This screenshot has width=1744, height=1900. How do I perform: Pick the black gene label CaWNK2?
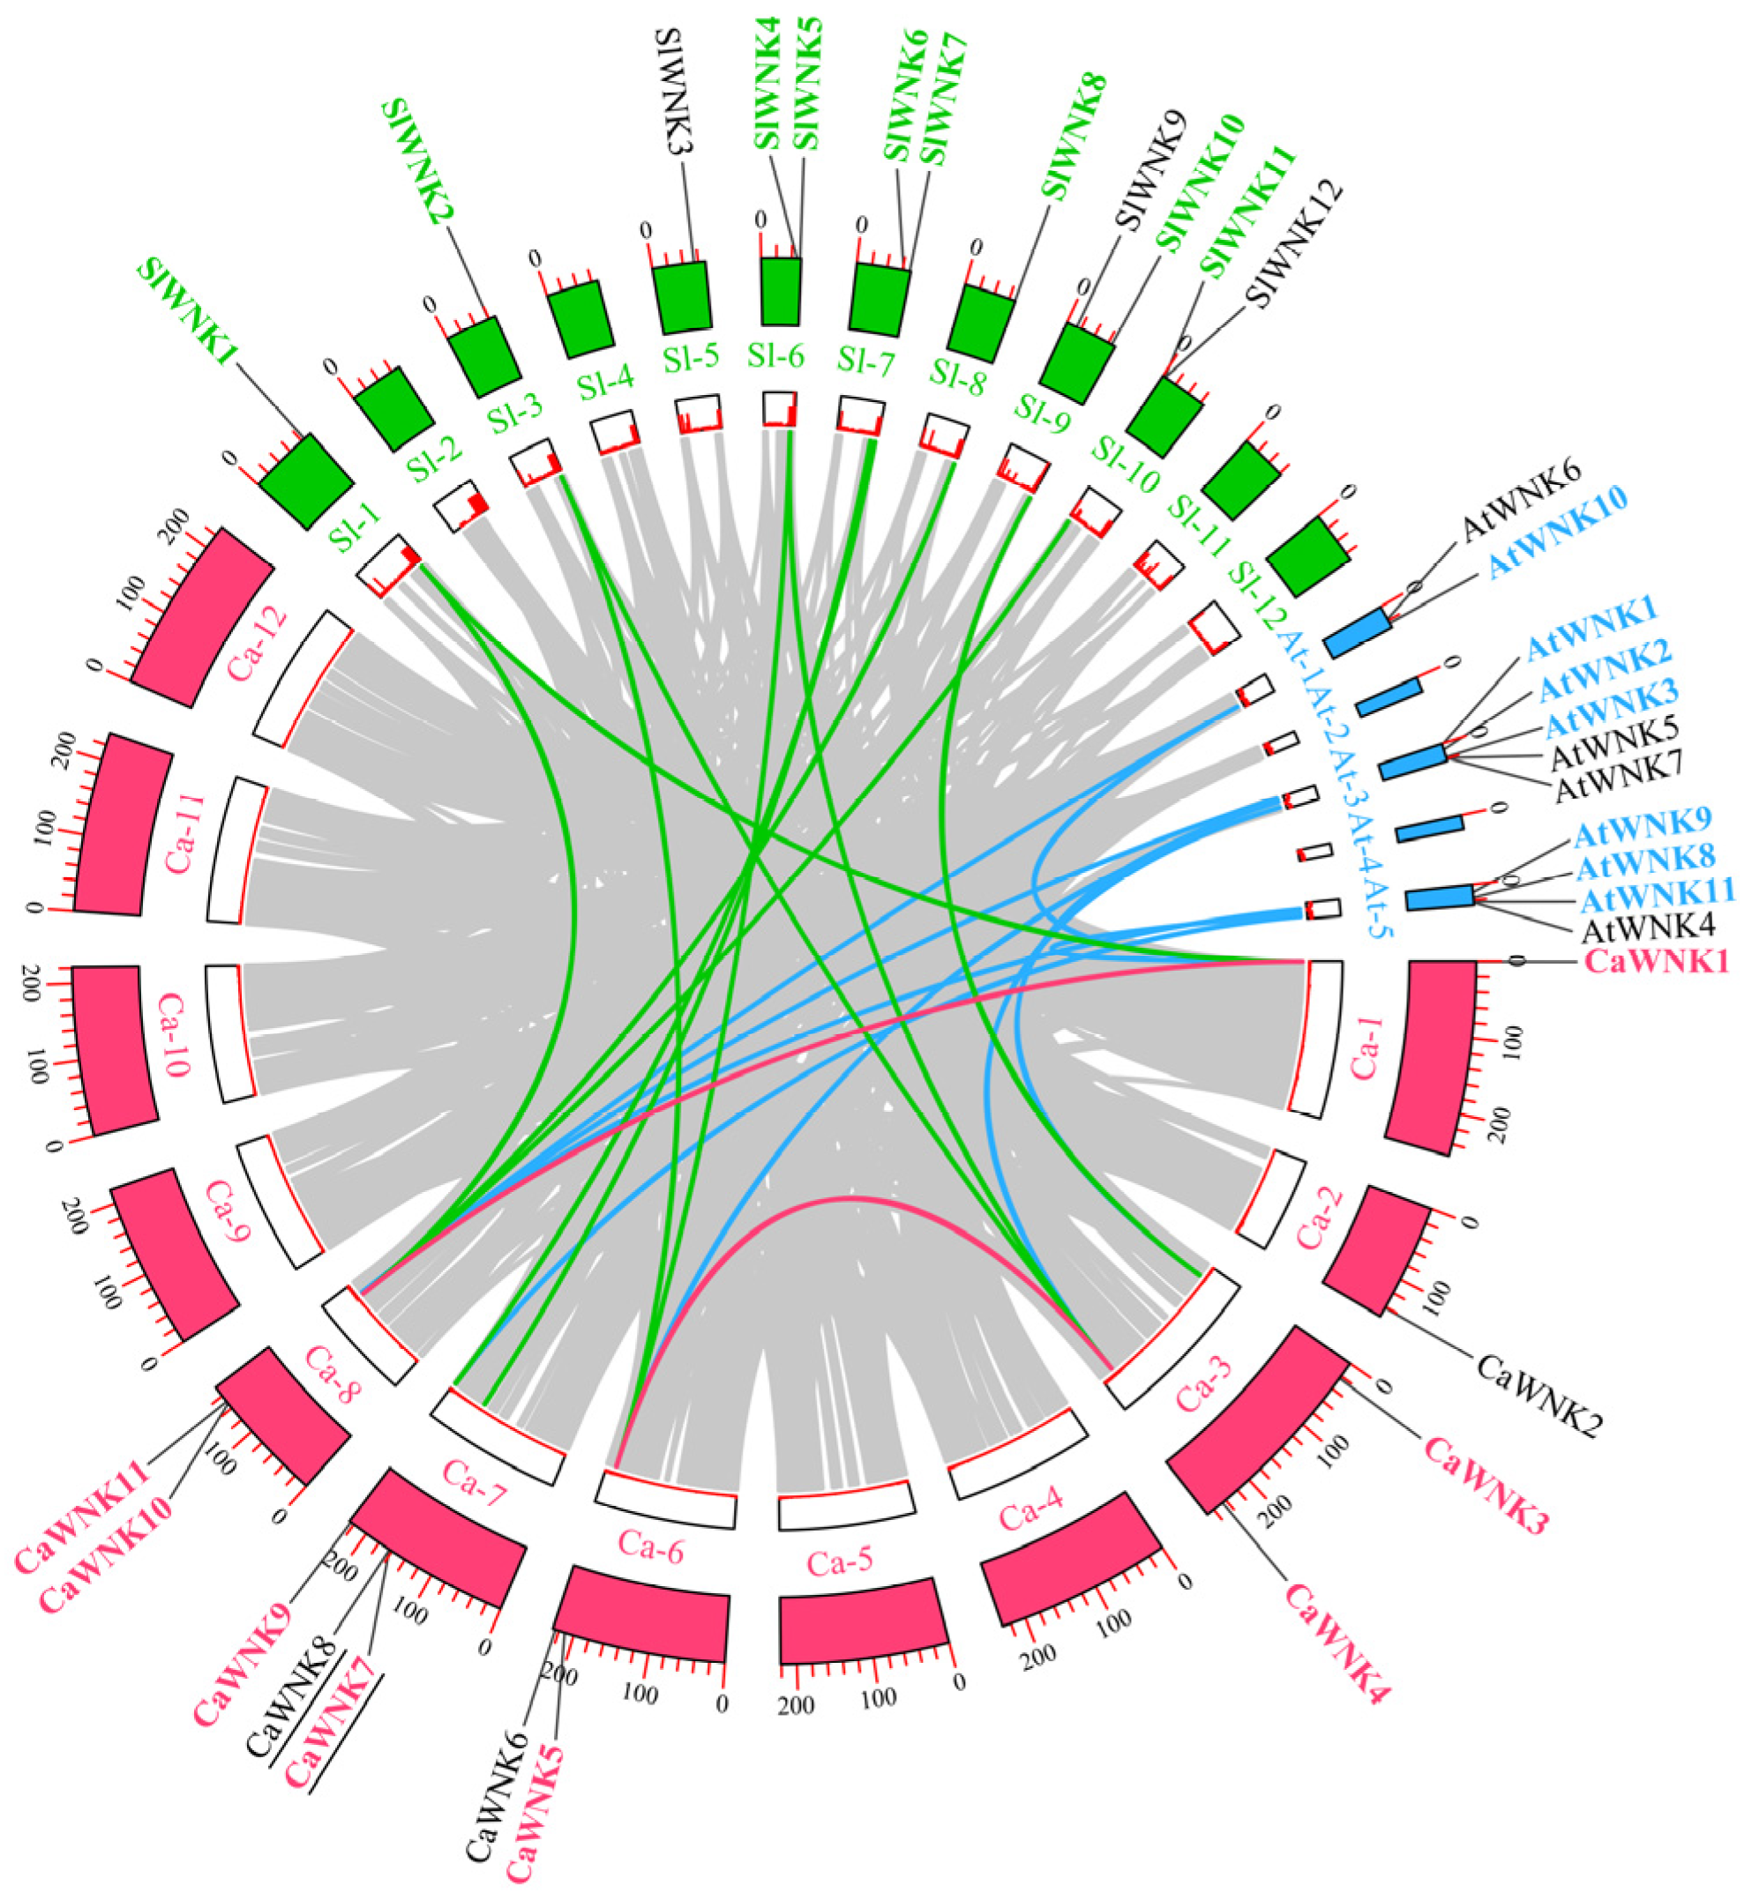(x=1539, y=1396)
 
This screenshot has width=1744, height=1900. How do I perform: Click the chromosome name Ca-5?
(x=840, y=1564)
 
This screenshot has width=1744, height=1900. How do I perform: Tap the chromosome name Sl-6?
(x=775, y=356)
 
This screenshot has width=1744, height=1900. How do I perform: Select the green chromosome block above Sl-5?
(x=681, y=296)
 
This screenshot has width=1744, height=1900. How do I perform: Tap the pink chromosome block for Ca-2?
(x=1376, y=1248)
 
